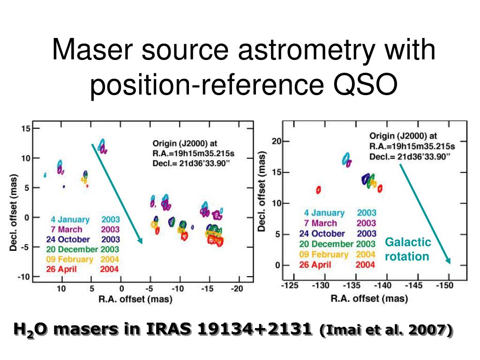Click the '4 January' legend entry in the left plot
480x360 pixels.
(x=70, y=219)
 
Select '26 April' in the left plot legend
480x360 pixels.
(x=61, y=269)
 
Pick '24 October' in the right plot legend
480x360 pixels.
(x=322, y=233)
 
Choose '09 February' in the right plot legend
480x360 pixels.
(x=324, y=255)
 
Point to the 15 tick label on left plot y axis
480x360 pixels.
(x=26, y=128)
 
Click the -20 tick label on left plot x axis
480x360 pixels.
(x=237, y=288)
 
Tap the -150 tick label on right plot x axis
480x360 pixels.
(x=444, y=285)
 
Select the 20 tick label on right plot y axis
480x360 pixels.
(x=277, y=141)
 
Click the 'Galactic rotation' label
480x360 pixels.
(x=408, y=249)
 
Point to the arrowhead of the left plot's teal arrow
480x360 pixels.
(x=141, y=242)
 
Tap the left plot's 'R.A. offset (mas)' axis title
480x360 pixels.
(x=135, y=299)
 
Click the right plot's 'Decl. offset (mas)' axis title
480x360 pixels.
(x=262, y=191)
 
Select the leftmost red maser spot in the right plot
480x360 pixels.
(x=318, y=190)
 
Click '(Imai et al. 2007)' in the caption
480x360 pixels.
(x=386, y=330)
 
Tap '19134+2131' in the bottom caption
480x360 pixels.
(x=254, y=329)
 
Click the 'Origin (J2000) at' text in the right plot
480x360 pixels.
(x=403, y=136)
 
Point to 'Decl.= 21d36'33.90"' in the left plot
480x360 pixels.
(x=191, y=164)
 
